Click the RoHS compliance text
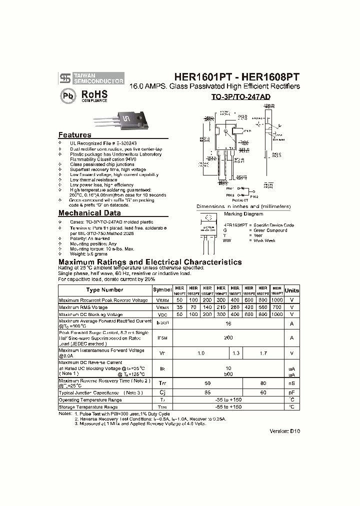click(x=94, y=95)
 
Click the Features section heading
click(x=75, y=135)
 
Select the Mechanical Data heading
click(x=89, y=213)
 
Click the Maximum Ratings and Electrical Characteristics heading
click(x=150, y=262)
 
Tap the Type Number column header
click(x=104, y=290)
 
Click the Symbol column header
click(x=162, y=290)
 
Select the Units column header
click(x=292, y=290)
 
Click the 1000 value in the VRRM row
click(x=277, y=300)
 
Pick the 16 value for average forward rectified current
click(x=228, y=324)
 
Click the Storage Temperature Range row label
click(x=88, y=407)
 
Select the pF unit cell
click(x=292, y=393)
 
